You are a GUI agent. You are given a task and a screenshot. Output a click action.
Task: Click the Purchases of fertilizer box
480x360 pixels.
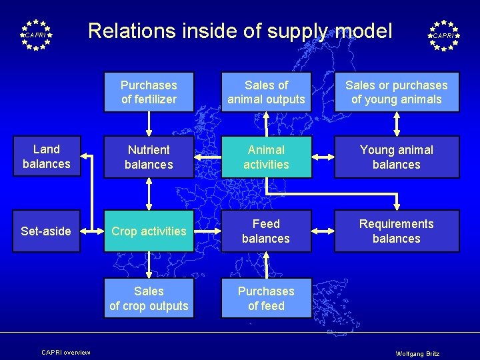[x=149, y=92]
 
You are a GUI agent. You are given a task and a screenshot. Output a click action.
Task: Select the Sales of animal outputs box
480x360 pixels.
[x=266, y=92]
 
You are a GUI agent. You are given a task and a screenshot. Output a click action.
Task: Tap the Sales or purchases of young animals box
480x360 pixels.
[x=397, y=92]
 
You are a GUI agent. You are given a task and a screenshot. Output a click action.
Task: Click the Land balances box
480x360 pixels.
[x=47, y=157]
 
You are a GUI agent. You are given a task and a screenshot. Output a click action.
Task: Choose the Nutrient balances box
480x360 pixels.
[x=149, y=157]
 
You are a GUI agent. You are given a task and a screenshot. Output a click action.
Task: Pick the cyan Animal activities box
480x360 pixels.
[x=266, y=157]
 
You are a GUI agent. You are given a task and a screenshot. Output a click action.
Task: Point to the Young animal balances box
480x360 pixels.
[x=397, y=157]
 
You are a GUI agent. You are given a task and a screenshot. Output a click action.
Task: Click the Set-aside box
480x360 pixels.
[x=47, y=231]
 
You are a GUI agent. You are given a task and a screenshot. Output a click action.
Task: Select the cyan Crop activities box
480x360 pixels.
[x=149, y=231]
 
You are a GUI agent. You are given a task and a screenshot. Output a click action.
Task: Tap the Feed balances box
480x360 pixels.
[x=266, y=231]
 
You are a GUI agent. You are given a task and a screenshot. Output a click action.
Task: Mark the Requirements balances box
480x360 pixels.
[x=397, y=231]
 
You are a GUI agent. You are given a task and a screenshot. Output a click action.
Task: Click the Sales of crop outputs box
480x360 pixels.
[x=149, y=299]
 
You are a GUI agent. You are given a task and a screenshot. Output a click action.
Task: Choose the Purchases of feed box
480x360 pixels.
[x=266, y=299]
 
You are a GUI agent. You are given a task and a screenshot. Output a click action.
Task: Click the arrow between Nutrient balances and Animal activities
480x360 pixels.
[x=207, y=157]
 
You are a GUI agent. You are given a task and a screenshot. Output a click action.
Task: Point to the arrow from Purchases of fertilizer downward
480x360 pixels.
[x=149, y=123]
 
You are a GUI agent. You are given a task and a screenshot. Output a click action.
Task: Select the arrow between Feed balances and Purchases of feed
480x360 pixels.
[x=266, y=265]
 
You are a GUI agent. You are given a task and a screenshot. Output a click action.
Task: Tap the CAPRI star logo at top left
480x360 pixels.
[x=35, y=35]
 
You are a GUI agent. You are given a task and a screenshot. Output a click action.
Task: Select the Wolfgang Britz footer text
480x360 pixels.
[x=417, y=353]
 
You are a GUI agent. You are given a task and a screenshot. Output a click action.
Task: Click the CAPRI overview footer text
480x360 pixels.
[x=65, y=352]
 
